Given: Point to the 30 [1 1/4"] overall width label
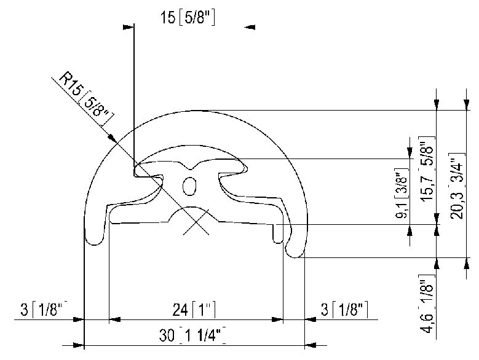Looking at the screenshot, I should (192, 335).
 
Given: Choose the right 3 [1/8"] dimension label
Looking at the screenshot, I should (344, 308).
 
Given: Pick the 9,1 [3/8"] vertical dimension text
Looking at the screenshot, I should (403, 194).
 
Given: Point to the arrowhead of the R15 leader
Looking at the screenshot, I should (113, 138).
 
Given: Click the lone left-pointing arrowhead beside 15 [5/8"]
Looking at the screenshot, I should (250, 26).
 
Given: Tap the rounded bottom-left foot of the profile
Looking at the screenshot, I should (95, 238).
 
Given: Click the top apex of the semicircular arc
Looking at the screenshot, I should (195, 111).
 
